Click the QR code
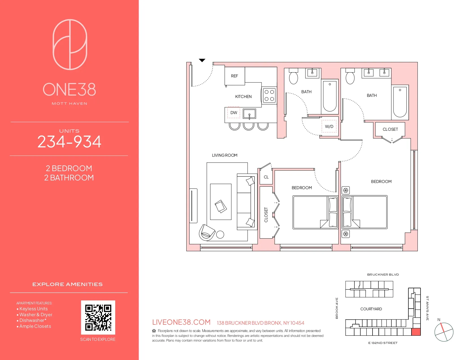(x=98, y=317)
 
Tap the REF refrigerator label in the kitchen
(x=234, y=76)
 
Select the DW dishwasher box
(x=234, y=113)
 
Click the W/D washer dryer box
(x=329, y=126)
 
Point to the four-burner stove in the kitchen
(x=269, y=95)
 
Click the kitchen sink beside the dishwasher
(x=249, y=114)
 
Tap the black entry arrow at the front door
(x=202, y=60)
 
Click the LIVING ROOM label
(x=225, y=155)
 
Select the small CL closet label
(x=266, y=177)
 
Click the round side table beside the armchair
(x=220, y=234)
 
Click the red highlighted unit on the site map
(x=416, y=332)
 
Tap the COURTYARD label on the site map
(x=371, y=309)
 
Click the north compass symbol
(x=444, y=332)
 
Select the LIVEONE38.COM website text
(x=181, y=322)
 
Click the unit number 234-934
(x=69, y=142)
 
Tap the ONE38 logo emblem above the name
(x=70, y=44)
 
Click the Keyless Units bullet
(x=33, y=309)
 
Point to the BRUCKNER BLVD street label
(x=383, y=274)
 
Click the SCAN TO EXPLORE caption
(x=98, y=339)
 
